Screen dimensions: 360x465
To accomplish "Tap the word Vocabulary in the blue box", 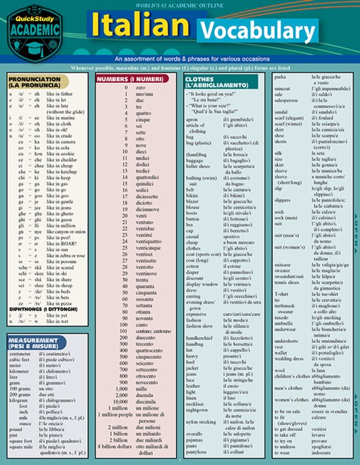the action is tap(248, 31).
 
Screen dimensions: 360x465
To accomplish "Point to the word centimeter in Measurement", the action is tap(20, 354).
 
